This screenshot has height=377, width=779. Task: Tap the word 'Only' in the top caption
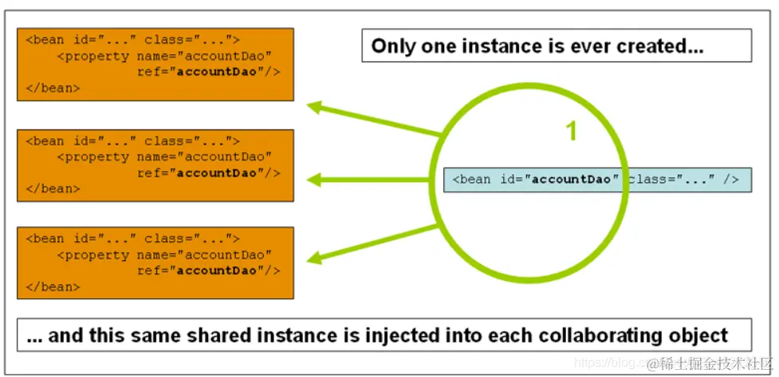(x=392, y=46)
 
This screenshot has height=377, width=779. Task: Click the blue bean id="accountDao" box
(x=597, y=180)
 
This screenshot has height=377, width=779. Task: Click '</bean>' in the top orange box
(x=53, y=88)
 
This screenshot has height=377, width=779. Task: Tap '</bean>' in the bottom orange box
(x=53, y=287)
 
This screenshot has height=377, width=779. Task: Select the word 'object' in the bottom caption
(x=698, y=335)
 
